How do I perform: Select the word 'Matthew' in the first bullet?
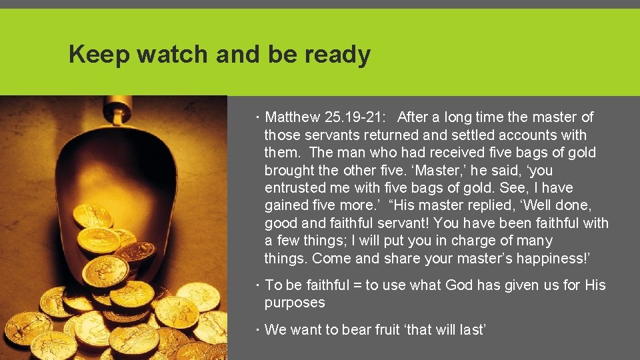point(292,117)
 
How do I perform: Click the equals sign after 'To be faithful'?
point(357,285)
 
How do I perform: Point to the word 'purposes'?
point(295,303)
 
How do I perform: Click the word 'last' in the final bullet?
point(471,329)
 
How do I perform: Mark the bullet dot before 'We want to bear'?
point(259,329)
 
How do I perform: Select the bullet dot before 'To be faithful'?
point(259,285)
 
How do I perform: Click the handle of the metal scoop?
point(118,113)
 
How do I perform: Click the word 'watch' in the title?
point(173,55)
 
